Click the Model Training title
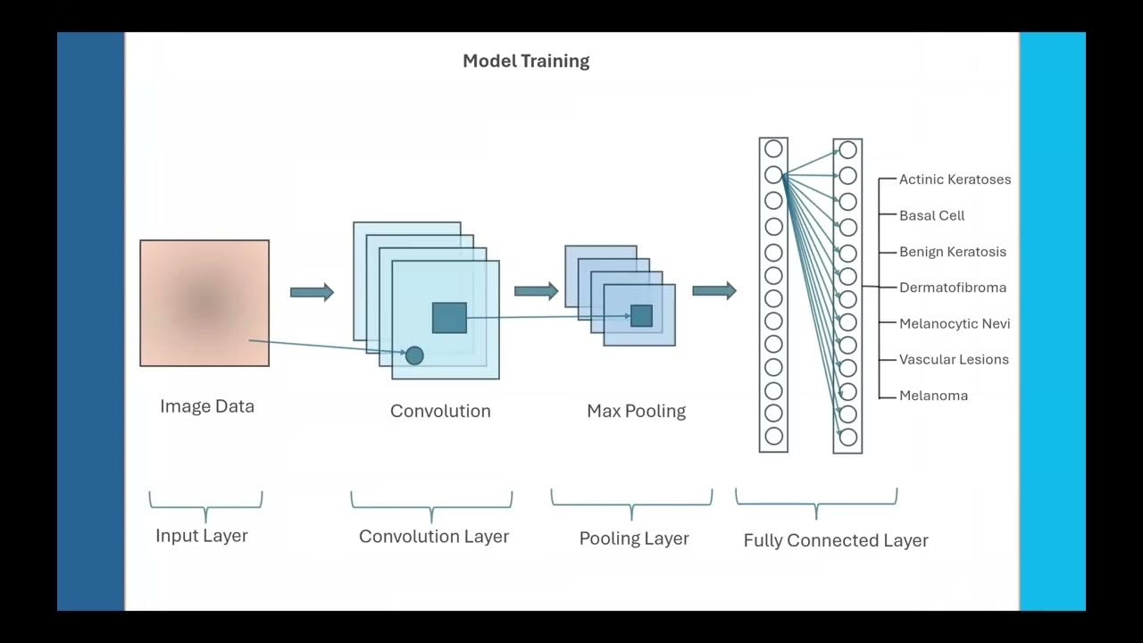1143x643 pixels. click(526, 62)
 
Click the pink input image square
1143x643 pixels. click(204, 303)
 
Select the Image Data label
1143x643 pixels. click(207, 406)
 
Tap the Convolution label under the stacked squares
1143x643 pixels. click(440, 411)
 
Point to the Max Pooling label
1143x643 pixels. click(636, 411)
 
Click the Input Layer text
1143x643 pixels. click(202, 536)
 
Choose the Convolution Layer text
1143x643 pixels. click(434, 537)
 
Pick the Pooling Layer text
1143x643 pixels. click(634, 539)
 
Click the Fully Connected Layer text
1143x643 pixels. click(836, 540)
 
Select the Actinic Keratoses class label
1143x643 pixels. click(955, 180)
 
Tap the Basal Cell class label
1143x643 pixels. click(931, 215)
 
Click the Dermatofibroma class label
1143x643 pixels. click(952, 288)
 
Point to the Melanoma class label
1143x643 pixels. click(933, 396)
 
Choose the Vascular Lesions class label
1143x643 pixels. click(954, 360)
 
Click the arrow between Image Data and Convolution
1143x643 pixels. click(312, 292)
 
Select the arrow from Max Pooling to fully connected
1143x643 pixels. click(714, 290)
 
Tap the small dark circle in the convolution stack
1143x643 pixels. click(414, 355)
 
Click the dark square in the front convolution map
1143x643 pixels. click(449, 318)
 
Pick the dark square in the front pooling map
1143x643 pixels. click(641, 315)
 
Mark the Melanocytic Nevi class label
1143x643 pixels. click(955, 323)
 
